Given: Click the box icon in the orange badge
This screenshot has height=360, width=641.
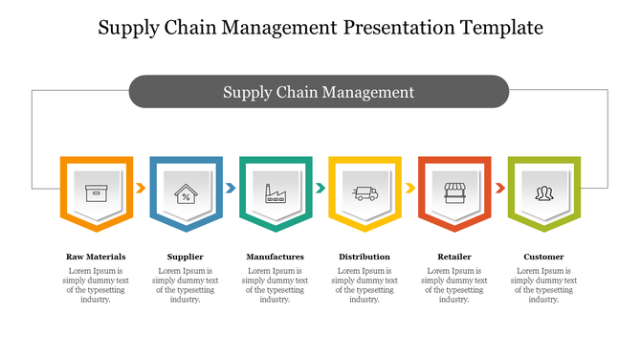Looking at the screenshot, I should pos(96,192).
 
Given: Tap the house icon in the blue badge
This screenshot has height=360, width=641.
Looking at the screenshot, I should pos(186,192).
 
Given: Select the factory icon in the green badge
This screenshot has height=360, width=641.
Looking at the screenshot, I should pos(276,192).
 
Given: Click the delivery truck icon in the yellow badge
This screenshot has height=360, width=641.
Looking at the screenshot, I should pos(365,192).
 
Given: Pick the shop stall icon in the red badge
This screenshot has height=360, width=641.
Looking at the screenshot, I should pos(454,192).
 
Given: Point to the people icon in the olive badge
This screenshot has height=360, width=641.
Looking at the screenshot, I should pos(543,192).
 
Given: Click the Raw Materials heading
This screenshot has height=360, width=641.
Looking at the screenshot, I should pos(96,257).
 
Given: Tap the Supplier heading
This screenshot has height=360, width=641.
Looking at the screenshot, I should pos(186,257).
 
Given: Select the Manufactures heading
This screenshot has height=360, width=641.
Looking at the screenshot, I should pos(276,257).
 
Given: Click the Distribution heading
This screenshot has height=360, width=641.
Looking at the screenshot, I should pos(365,257).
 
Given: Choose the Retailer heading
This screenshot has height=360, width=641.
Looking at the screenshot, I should pos(454,257).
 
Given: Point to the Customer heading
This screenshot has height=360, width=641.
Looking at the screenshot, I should pos(543,257).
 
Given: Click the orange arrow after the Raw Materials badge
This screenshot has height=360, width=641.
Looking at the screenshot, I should pos(141,189).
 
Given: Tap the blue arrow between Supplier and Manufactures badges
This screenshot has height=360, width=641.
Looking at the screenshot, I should pos(231,189).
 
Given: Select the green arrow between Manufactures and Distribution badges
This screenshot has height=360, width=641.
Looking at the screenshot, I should pos(320,189).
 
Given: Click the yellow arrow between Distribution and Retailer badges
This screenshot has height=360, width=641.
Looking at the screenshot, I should pos(409,189).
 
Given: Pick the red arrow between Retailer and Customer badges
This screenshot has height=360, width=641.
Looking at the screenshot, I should pos(499,189).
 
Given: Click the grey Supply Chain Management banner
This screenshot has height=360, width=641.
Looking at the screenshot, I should pos(319,92).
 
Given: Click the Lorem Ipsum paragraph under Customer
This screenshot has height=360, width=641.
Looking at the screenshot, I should pos(543,285).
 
